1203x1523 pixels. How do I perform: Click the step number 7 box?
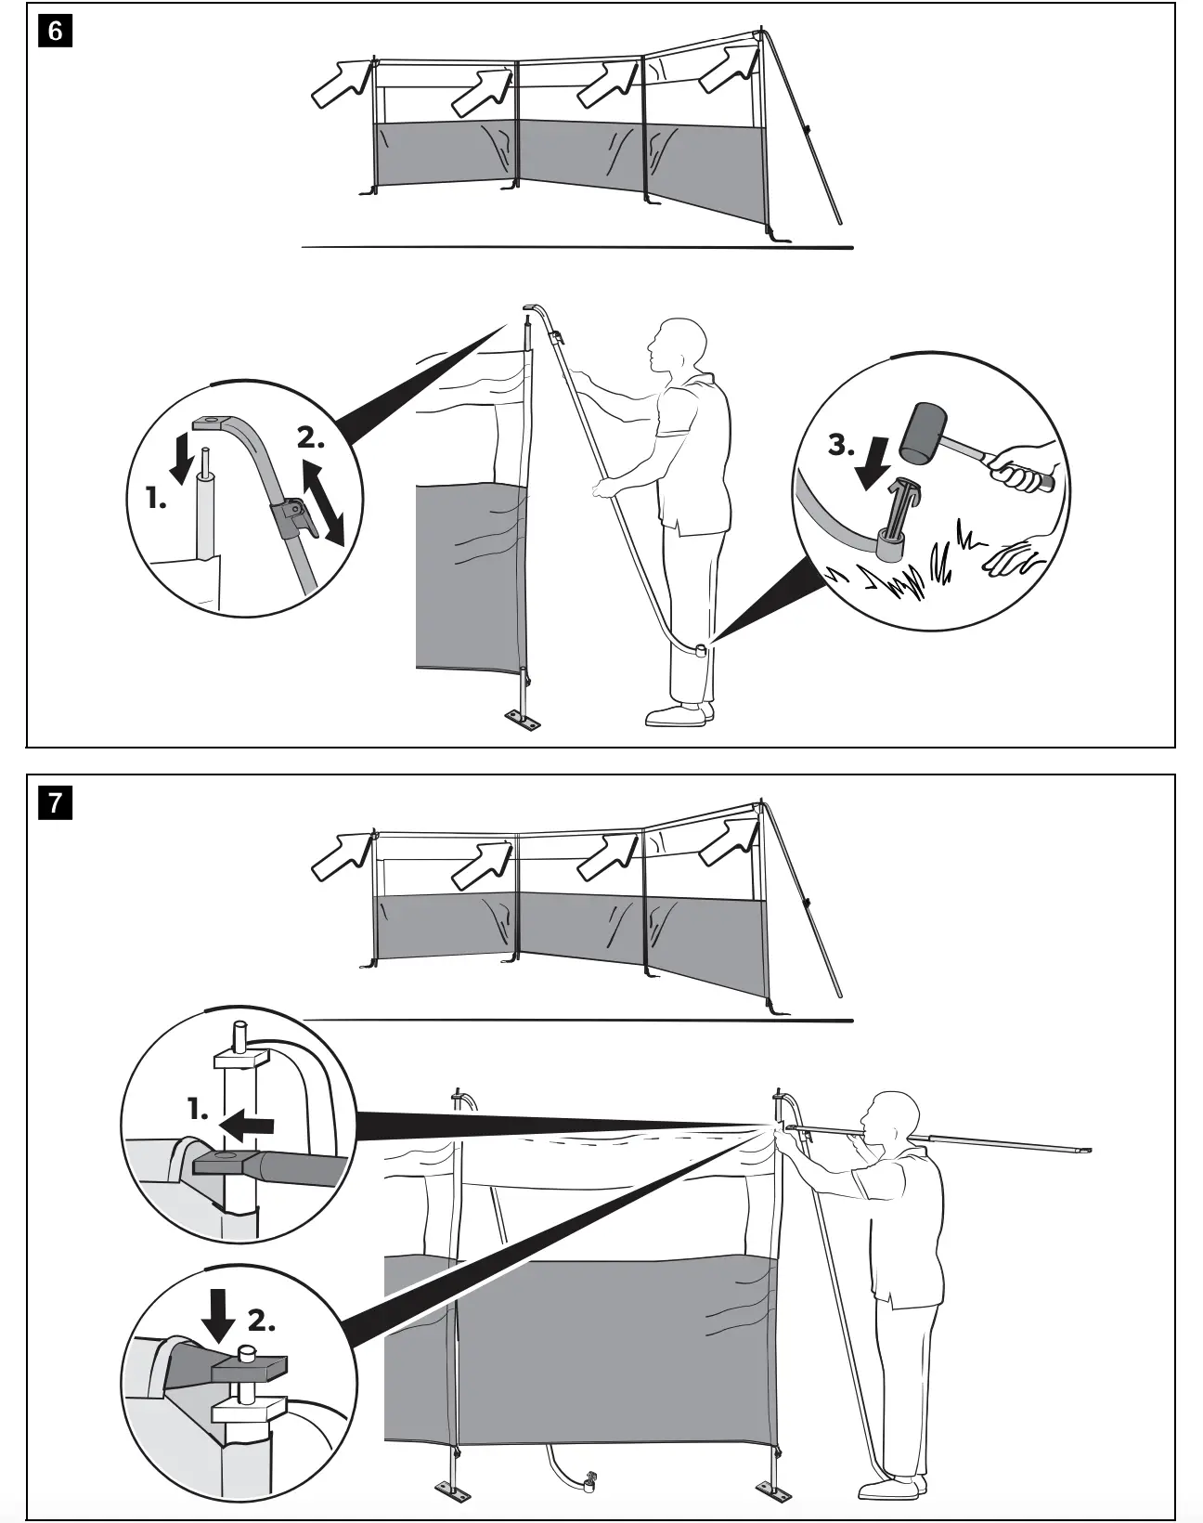(x=56, y=801)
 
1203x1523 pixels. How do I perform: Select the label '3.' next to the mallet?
(x=841, y=445)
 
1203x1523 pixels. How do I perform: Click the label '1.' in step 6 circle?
(x=157, y=499)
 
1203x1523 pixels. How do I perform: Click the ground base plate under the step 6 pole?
(x=524, y=721)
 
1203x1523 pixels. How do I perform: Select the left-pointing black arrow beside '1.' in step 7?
(x=249, y=1126)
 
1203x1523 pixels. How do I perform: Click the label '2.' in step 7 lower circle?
(x=261, y=1321)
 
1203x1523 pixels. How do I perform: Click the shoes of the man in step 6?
(x=680, y=714)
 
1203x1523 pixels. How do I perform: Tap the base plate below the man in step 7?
(x=775, y=1493)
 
